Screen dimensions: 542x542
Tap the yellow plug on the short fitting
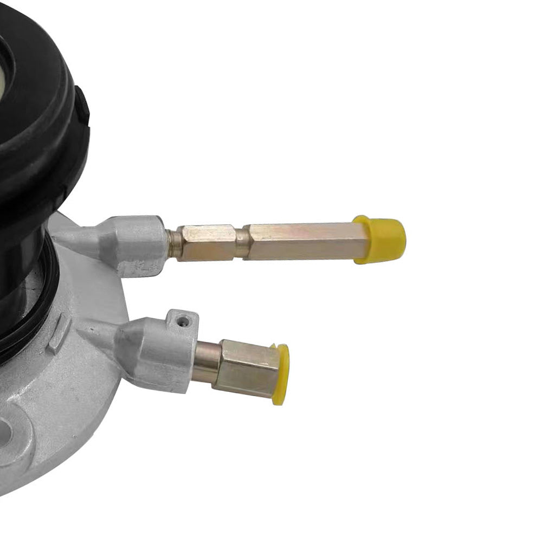click(x=281, y=374)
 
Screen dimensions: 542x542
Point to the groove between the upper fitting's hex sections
click(x=239, y=243)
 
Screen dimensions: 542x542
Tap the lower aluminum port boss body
click(x=163, y=352)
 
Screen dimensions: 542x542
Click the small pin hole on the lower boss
click(x=185, y=321)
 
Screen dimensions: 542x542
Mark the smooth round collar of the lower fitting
click(x=207, y=362)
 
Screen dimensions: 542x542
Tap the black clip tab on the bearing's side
click(x=82, y=108)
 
